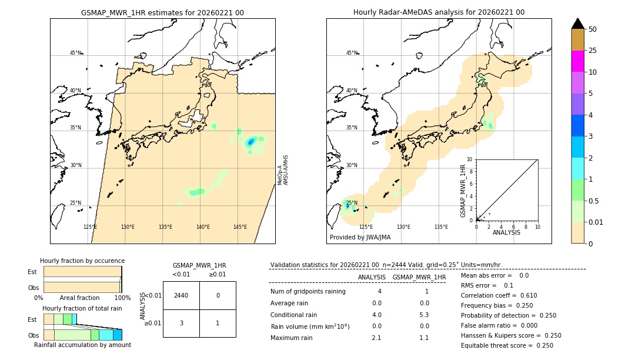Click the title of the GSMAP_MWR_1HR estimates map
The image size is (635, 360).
(162, 12)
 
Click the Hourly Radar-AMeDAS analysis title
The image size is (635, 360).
(439, 12)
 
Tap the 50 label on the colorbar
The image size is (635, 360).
(593, 29)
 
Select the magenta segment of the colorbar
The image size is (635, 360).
(577, 61)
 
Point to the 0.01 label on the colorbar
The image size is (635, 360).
(597, 222)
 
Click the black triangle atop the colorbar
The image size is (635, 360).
(577, 24)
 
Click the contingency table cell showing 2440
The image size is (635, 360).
(181, 295)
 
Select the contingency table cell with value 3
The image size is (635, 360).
(181, 323)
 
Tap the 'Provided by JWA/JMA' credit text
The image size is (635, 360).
(360, 237)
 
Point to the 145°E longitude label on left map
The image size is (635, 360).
(240, 227)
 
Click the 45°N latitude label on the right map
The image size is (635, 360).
(352, 53)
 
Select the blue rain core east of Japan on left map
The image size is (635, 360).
(251, 142)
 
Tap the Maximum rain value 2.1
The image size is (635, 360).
(376, 338)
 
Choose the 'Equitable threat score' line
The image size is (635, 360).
(507, 345)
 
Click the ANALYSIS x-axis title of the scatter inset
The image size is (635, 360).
(506, 232)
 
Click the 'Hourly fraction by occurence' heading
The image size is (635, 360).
(82, 261)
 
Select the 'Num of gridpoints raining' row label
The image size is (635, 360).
(308, 291)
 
